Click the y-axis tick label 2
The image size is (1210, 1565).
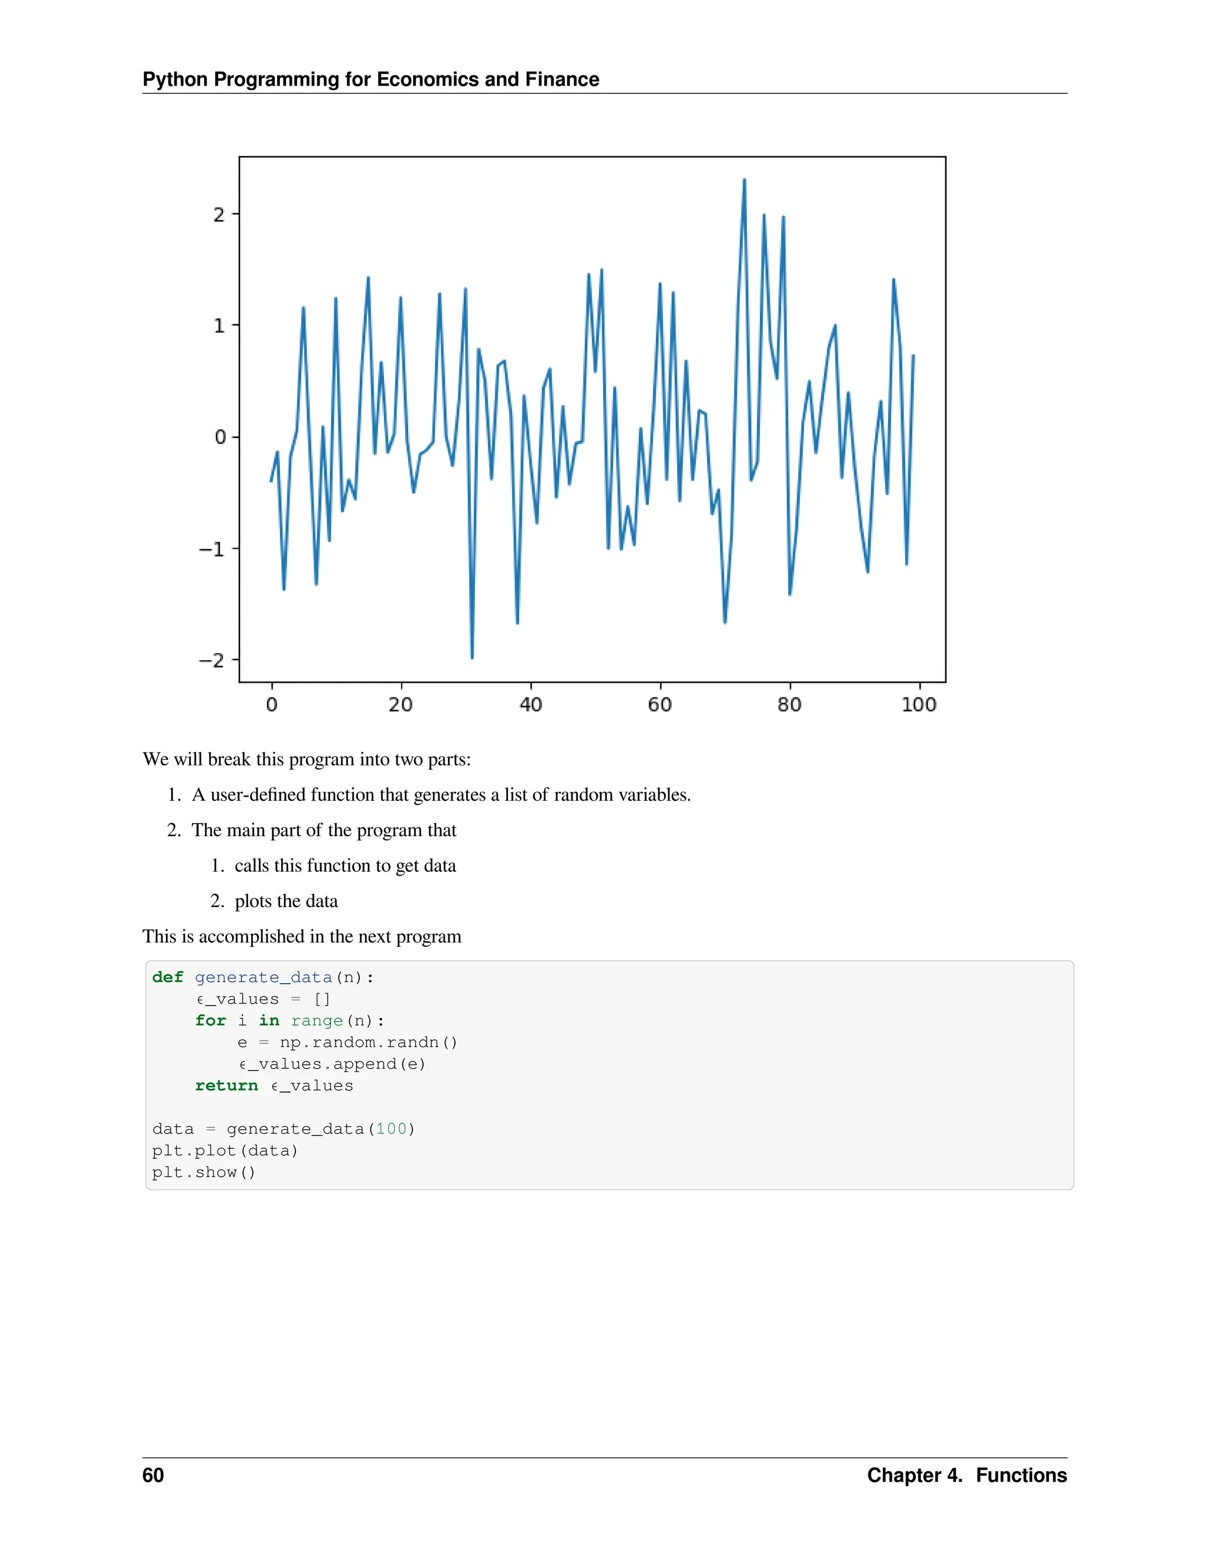[219, 215]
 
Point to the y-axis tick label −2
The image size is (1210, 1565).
[212, 661]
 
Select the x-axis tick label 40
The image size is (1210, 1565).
[531, 705]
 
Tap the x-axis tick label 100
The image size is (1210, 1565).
[918, 705]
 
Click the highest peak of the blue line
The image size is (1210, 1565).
[744, 180]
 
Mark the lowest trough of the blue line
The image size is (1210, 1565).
[471, 657]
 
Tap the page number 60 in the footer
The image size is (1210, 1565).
[152, 1475]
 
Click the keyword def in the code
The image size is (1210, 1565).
[168, 977]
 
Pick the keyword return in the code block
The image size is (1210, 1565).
[226, 1085]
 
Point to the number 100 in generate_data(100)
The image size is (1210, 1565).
[391, 1129]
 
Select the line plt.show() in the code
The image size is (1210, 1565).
[204, 1172]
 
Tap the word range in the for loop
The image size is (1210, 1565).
[317, 1021]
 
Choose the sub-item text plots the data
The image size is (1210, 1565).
[286, 901]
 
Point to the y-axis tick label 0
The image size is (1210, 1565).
[220, 437]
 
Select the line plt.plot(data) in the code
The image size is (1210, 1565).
[225, 1151]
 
